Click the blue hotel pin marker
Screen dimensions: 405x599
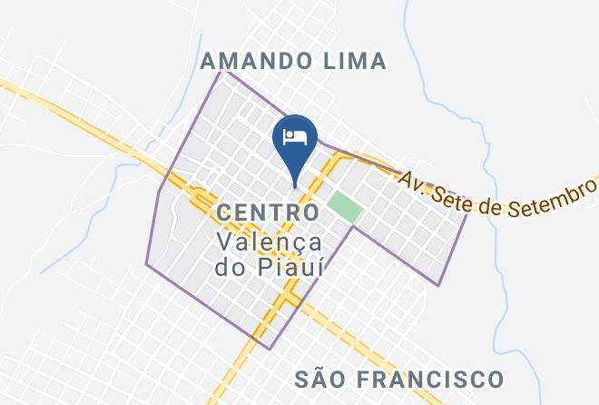pos(294,141)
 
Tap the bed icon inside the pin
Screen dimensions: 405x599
pos(294,137)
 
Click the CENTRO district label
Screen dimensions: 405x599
pos(268,212)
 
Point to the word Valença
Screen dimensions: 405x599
pos(270,242)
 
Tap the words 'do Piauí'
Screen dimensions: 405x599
pos(270,268)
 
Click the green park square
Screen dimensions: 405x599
pos(345,207)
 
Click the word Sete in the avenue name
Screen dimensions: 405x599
pos(456,189)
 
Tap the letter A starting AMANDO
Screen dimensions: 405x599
pos(209,61)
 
